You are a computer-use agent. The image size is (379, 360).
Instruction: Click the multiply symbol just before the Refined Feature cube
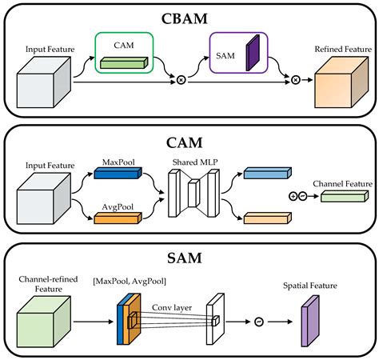point(295,80)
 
